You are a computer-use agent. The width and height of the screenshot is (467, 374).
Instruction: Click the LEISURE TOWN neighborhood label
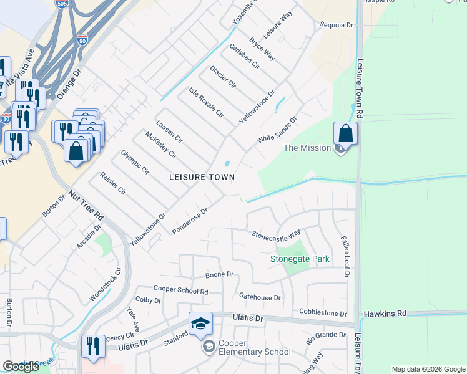(x=202, y=177)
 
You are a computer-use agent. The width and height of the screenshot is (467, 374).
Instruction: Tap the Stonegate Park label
(x=300, y=259)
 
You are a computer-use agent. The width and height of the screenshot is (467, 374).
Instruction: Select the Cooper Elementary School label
(x=255, y=347)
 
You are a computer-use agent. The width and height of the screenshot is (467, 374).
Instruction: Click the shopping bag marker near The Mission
(x=345, y=134)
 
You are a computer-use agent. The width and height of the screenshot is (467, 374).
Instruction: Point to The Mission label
(x=307, y=148)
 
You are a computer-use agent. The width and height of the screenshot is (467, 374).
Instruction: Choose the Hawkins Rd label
(x=385, y=313)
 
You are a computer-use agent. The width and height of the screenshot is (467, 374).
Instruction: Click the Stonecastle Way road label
(x=276, y=234)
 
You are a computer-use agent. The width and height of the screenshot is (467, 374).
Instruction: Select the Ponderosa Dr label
(x=189, y=221)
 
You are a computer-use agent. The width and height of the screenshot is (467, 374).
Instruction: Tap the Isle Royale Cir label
(x=206, y=103)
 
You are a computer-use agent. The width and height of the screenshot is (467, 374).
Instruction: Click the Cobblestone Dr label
(x=323, y=313)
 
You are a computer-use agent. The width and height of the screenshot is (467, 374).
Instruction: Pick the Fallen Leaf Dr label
(x=344, y=256)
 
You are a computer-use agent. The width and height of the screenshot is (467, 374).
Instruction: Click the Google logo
(x=21, y=367)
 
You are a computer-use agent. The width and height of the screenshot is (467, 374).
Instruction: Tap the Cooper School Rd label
(x=180, y=291)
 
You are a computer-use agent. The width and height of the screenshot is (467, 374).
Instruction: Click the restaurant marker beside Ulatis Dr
(x=94, y=347)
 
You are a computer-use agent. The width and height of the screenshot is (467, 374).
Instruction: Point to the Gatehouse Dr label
(x=260, y=297)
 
